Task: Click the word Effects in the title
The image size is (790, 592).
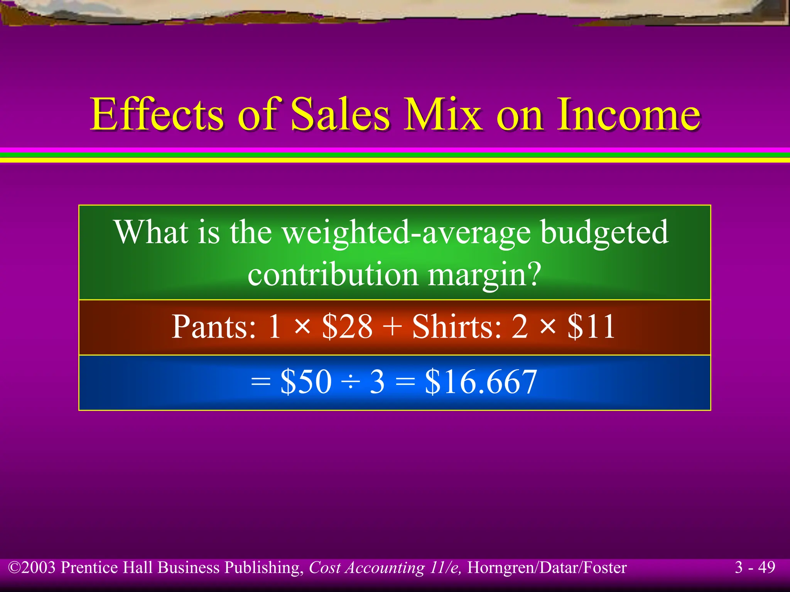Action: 157,114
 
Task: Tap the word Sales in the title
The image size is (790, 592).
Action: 339,114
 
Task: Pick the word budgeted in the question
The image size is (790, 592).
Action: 604,233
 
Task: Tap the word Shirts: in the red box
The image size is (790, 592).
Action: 457,327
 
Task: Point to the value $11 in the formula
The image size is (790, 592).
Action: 591,327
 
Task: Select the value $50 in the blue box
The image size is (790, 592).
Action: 306,382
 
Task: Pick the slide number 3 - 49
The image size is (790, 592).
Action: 755,567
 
